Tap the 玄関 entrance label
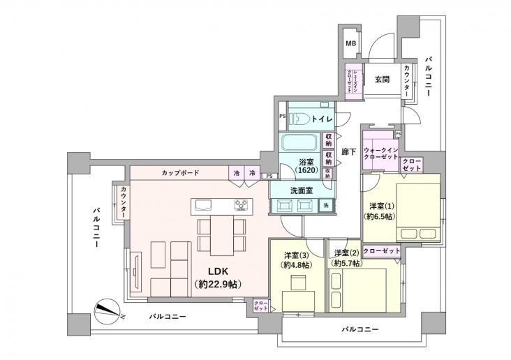(381, 79)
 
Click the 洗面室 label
(300, 189)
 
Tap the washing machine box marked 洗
(326, 205)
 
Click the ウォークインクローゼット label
(380, 153)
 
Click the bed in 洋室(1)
(418, 209)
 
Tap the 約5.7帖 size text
(347, 264)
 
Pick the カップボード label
(179, 172)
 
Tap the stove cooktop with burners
(242, 204)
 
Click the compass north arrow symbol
(108, 309)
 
